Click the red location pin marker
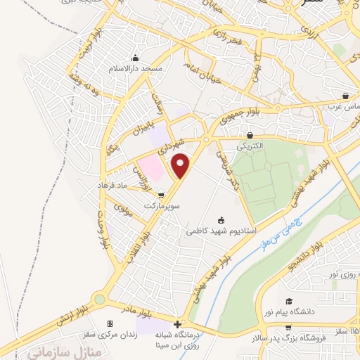182,166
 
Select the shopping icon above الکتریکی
250,134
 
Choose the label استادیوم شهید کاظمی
221,231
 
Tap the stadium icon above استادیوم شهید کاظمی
222,220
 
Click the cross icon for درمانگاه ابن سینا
177,325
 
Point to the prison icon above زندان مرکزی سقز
109,323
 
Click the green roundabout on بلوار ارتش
99,299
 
